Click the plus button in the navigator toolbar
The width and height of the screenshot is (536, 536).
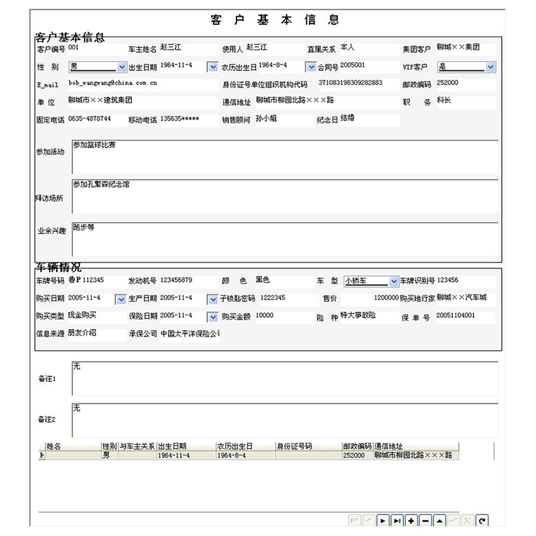[411, 520]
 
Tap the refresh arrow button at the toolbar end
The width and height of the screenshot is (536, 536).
[482, 520]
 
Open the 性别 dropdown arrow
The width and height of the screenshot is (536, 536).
[122, 67]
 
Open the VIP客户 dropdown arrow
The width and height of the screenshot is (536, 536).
[490, 67]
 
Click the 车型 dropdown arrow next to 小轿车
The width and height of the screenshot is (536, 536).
[393, 281]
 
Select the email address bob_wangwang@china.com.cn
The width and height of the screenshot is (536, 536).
[113, 83]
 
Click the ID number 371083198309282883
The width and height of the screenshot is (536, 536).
[350, 83]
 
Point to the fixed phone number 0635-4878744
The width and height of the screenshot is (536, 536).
[90, 119]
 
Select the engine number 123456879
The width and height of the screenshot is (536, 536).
[176, 280]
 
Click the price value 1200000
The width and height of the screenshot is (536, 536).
[386, 297]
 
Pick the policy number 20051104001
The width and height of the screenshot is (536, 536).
[456, 315]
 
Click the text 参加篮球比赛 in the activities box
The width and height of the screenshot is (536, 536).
[94, 145]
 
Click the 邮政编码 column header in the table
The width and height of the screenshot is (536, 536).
[356, 446]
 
